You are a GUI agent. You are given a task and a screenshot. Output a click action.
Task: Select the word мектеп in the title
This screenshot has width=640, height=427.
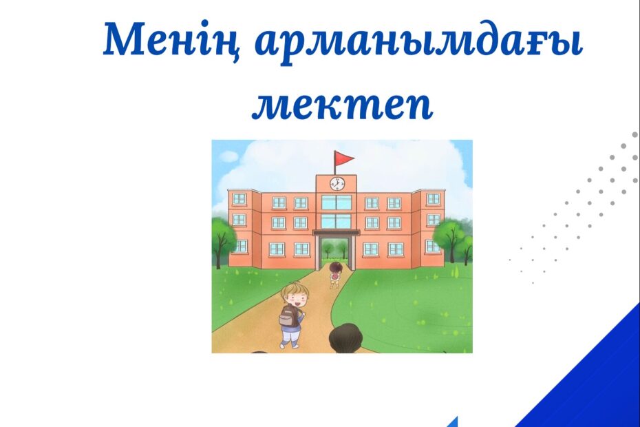[342, 105]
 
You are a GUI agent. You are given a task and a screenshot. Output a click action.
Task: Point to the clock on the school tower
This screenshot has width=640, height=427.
[337, 183]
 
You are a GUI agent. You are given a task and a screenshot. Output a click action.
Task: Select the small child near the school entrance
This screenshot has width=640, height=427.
[334, 275]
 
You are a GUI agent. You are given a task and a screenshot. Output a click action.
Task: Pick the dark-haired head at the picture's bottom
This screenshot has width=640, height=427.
[345, 339]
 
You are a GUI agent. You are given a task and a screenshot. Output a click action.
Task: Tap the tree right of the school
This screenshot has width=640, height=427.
[453, 241]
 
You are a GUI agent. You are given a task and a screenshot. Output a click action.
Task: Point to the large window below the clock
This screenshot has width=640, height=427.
[337, 202]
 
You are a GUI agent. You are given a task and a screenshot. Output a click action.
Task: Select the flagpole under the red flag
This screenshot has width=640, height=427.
[335, 163]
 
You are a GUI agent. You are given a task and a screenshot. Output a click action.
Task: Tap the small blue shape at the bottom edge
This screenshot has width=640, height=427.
[452, 422]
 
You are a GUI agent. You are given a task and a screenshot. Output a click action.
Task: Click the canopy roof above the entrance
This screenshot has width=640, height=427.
[337, 233]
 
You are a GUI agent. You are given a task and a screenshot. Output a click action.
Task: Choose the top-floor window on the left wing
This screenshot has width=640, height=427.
[239, 199]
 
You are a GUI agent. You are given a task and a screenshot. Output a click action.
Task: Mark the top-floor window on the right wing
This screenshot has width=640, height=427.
[434, 199]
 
